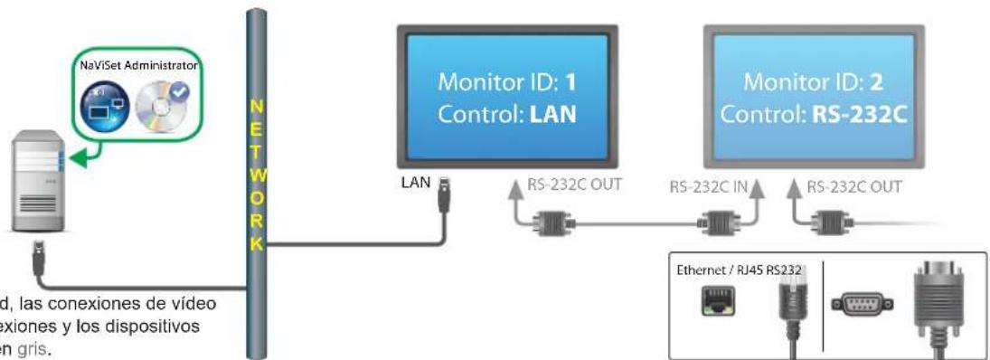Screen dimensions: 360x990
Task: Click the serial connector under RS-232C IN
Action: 719,220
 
